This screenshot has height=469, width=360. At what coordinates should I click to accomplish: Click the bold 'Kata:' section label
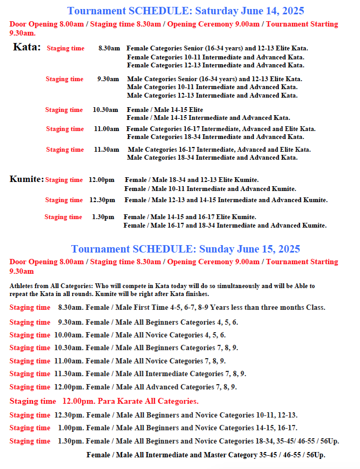click(27, 47)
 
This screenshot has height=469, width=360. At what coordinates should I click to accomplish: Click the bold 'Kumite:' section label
click(27, 179)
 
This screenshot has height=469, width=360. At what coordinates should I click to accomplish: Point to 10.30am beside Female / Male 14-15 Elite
click(106, 110)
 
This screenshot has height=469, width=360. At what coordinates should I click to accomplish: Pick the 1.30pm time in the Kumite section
click(103, 217)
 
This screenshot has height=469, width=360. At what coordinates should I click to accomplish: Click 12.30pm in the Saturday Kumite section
click(102, 200)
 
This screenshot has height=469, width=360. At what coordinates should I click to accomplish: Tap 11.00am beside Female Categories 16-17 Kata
click(107, 129)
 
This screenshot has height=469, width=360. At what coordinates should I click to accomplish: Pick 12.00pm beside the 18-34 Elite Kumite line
click(101, 180)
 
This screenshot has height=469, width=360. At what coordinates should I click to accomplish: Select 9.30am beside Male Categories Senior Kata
click(108, 79)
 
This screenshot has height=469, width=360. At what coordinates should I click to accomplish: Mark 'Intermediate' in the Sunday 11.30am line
click(166, 374)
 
